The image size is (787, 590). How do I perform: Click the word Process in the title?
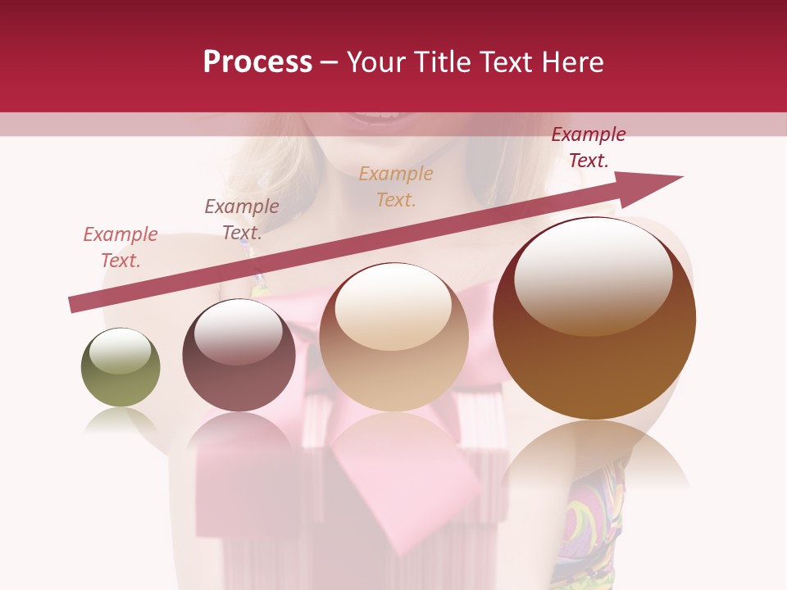pos(257,62)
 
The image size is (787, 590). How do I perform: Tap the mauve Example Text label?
pos(242,220)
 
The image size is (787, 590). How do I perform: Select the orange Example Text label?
pos(396,186)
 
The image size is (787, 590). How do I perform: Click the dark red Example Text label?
pos(589,147)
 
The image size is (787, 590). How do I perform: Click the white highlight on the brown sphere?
pos(593,275)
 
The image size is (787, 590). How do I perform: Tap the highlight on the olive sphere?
pos(120,351)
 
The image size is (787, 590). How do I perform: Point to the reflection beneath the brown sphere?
pos(594,459)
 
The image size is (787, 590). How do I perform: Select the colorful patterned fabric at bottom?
pos(586,524)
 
